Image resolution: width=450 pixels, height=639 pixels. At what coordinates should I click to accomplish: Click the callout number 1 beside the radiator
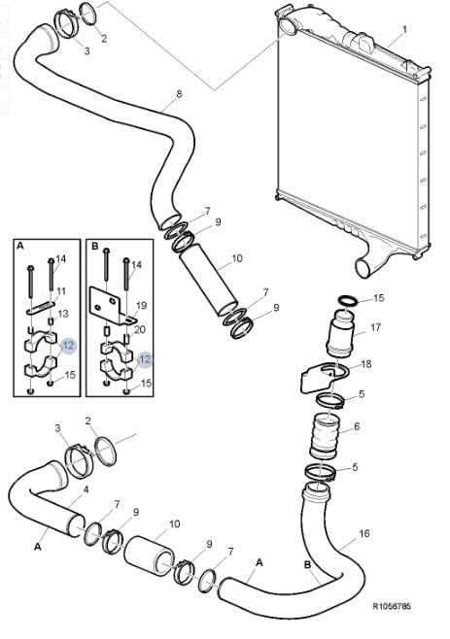pos(404,29)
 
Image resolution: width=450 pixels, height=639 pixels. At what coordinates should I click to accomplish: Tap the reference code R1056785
pos(392,606)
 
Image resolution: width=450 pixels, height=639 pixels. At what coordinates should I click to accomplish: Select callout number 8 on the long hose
pos(179,94)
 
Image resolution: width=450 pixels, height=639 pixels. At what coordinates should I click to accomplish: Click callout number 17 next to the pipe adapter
pos(375,327)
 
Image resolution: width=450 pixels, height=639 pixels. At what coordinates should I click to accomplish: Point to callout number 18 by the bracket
pos(366,363)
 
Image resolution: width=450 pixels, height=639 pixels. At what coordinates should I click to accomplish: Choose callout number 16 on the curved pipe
pos(364,533)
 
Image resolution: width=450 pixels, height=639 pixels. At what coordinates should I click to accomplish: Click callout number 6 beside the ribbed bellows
pos(357,426)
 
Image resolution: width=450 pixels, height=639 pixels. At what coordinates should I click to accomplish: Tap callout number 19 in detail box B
pos(141,305)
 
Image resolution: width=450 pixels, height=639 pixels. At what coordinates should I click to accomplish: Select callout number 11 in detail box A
pos(61,291)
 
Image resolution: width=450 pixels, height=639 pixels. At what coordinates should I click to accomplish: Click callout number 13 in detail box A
pos(63,314)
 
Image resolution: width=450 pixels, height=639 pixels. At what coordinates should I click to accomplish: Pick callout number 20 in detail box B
pos(140,329)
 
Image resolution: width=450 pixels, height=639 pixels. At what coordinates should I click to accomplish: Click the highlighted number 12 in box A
pos(69,346)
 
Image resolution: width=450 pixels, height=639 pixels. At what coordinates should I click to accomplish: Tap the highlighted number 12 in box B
pos(145,359)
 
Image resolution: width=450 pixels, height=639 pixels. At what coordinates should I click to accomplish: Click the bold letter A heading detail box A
pos(20,246)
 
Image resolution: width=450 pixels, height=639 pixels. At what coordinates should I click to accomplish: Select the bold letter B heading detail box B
pos(95,246)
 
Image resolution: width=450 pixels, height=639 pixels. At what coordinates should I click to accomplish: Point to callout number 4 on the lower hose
pos(86,489)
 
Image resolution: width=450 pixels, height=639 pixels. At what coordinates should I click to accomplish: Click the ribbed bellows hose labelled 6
pos(325,436)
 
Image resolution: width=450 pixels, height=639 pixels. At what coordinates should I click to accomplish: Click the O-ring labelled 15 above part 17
pos(348,302)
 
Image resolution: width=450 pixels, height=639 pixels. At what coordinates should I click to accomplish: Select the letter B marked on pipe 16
pos(308,565)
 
